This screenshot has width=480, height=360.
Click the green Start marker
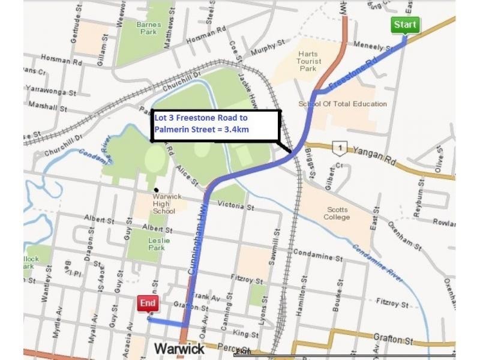point(405,25)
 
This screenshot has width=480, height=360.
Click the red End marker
point(148,304)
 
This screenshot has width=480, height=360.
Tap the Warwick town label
point(179,348)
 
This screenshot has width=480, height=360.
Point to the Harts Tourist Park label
point(308,61)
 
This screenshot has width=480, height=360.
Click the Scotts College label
point(337,214)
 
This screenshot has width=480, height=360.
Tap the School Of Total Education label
point(343,104)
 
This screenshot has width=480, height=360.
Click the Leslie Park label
point(159,244)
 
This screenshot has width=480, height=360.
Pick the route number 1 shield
point(341,147)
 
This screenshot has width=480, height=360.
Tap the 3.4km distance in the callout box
point(235,129)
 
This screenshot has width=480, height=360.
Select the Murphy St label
point(268,49)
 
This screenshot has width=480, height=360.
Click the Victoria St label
point(235,205)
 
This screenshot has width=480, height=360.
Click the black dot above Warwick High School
point(156,190)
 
